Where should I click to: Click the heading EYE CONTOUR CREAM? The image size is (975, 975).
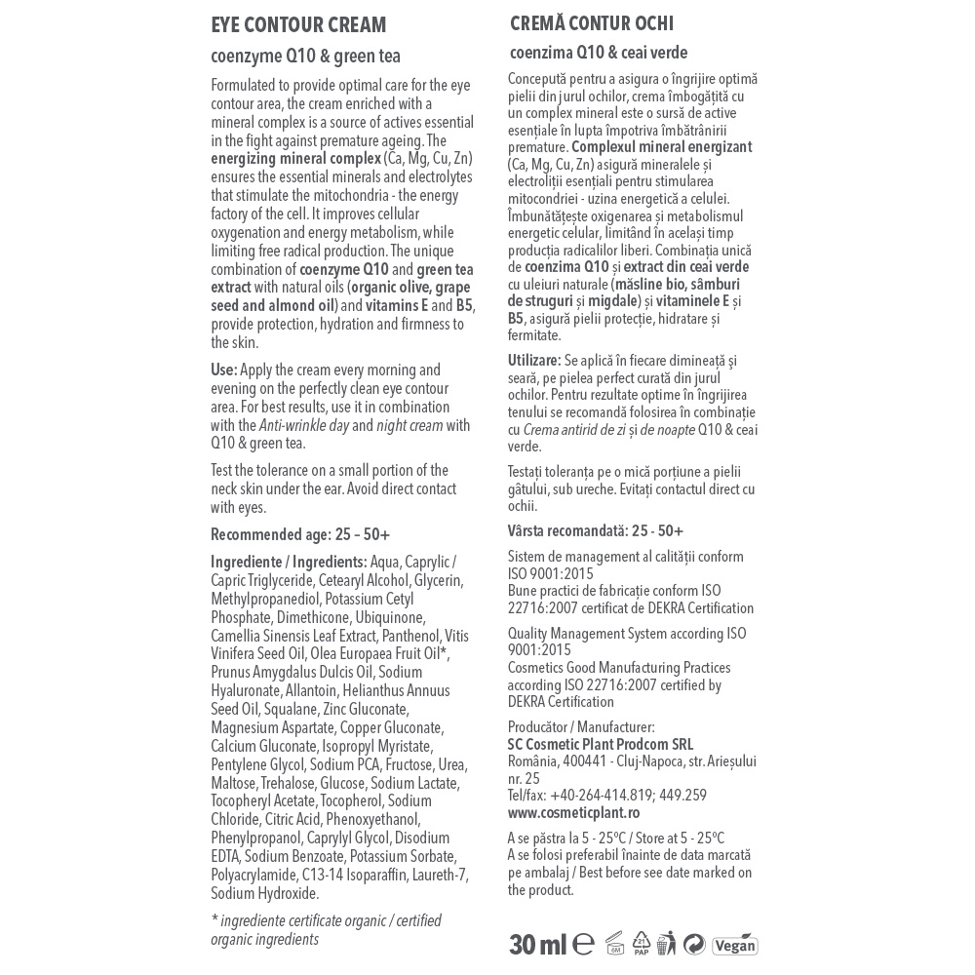pos(298,25)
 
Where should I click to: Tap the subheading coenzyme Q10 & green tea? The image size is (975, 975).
pos(305,57)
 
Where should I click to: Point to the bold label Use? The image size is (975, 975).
pos(223,370)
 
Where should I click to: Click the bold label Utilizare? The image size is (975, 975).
pos(534,361)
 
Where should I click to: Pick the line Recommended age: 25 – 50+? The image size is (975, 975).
pos(300,534)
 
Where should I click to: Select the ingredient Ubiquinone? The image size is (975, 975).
pos(391,617)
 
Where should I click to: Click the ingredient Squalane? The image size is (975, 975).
pos(291,709)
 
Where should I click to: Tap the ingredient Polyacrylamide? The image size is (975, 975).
pos(255,876)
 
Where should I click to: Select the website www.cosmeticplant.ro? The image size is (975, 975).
pos(573,812)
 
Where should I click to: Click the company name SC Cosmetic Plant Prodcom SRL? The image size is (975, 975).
pos(601,744)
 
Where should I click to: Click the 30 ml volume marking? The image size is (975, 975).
pos(537,944)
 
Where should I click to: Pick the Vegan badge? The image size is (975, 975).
pos(734,945)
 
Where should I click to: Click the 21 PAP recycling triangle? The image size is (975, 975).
pos(641,943)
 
